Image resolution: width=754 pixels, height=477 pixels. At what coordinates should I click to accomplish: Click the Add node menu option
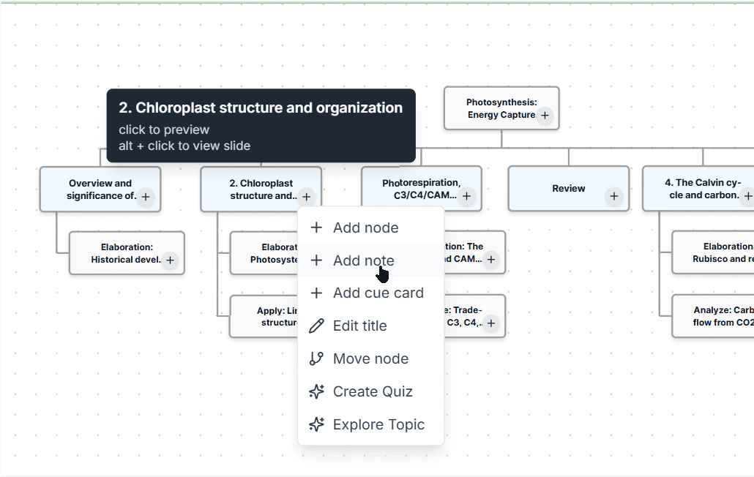point(365,228)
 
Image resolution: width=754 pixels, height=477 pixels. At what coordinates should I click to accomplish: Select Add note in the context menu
point(363,260)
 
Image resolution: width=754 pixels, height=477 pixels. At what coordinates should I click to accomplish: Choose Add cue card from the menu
point(378,293)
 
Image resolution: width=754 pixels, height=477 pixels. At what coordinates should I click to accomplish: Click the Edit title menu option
point(359,326)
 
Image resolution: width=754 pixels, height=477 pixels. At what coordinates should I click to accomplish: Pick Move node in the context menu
point(370,358)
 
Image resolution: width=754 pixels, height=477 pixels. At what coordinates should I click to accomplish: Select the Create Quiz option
point(373,391)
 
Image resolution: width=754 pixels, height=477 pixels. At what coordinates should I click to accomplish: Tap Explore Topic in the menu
point(378,424)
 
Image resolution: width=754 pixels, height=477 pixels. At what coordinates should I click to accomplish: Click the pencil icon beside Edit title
point(316,326)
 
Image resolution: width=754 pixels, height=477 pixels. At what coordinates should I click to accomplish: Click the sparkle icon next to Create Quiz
point(316,391)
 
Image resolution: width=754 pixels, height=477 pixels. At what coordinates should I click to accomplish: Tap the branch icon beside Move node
point(316,358)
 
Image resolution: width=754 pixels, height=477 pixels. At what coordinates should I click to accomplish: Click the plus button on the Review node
point(614,196)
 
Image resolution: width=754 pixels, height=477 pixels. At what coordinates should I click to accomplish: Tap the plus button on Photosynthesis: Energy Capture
point(545,116)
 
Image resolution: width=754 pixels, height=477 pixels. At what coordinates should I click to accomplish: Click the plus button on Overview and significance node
point(146,196)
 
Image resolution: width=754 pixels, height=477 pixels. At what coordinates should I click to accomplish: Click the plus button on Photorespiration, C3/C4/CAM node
point(467,196)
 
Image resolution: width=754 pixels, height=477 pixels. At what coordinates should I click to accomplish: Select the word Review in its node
point(568,189)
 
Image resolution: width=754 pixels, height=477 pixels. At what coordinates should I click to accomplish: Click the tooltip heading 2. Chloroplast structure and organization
point(261,108)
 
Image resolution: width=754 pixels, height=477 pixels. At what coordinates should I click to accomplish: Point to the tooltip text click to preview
point(164,129)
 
